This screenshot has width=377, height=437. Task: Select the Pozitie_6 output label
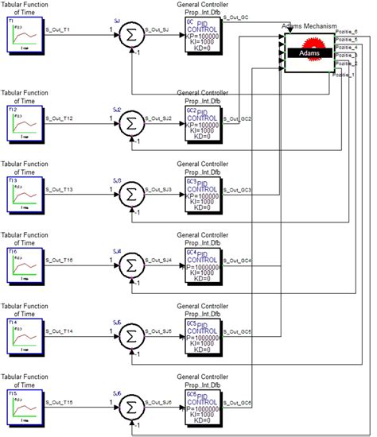pyautogui.click(x=348, y=32)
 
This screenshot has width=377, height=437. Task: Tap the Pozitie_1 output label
pyautogui.click(x=347, y=74)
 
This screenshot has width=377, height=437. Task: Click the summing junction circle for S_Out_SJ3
pyautogui.click(x=133, y=194)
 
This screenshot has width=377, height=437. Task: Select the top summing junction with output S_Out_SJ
pyautogui.click(x=133, y=35)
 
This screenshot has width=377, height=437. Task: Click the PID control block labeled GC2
pyautogui.click(x=204, y=122)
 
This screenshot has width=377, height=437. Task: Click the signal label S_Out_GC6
pyautogui.click(x=238, y=403)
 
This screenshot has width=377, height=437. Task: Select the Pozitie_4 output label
pyautogui.click(x=348, y=47)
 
